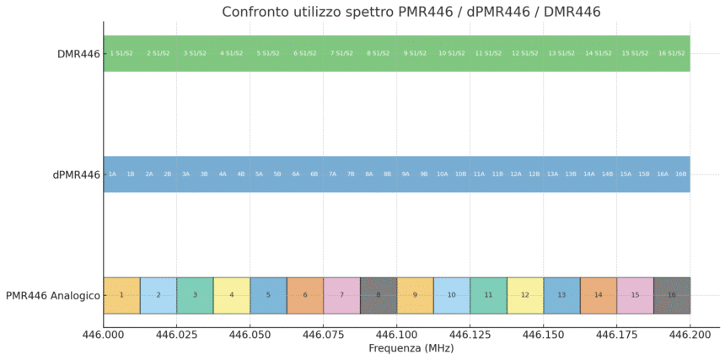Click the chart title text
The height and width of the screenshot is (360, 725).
pos(411,11)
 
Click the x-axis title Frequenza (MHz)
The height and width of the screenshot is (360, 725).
pos(411,348)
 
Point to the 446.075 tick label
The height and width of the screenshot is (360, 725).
pos(323,335)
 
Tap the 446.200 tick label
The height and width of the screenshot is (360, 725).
pos(690,335)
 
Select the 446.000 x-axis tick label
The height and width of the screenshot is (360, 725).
pos(104,335)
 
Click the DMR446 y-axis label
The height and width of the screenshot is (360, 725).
pos(78,54)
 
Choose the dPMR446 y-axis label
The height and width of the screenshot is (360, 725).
pos(76,175)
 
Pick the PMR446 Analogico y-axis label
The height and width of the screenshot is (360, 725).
pos(52,296)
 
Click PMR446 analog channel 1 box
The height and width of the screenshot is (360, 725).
pos(121,295)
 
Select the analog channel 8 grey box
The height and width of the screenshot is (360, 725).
pos(379,295)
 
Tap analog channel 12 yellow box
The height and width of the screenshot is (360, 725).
pos(525,295)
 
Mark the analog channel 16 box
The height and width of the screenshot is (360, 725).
pos(672,295)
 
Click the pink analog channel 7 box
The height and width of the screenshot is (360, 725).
pos(341,295)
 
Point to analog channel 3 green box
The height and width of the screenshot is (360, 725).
pos(195,295)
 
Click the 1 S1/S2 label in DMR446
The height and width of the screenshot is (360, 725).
pos(121,53)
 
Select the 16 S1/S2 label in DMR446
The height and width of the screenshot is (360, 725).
pos(672,53)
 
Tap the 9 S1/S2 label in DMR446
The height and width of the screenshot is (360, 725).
pos(415,53)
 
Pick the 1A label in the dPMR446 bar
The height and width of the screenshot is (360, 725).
pos(112,175)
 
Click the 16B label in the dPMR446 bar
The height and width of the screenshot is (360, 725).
pos(681,175)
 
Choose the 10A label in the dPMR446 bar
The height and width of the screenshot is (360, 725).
pos(443,175)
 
